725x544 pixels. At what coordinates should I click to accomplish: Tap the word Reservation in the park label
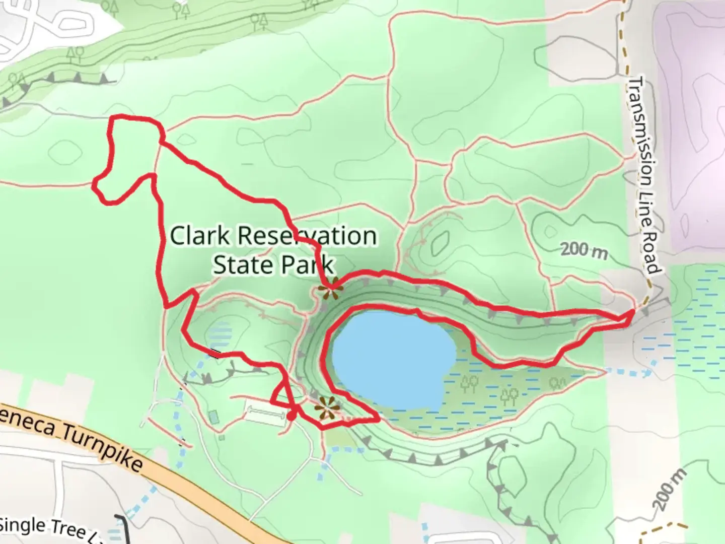pos(306,236)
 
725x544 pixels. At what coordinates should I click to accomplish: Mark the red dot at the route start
pos(292,416)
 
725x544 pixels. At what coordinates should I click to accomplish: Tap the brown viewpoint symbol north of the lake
pos(330,290)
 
